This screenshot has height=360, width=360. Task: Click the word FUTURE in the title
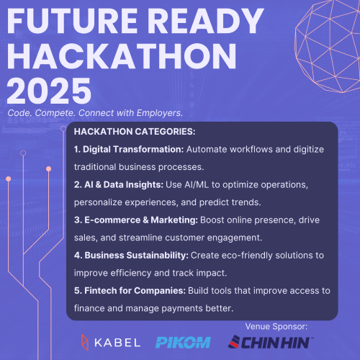tap(72, 21)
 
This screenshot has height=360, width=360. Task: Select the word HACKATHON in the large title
tap(122, 56)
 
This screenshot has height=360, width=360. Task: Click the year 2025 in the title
tap(49, 91)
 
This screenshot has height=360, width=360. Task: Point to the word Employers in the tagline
tap(160, 113)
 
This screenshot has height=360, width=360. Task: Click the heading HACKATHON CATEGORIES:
tap(135, 132)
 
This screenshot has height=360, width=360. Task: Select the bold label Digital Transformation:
tap(129, 149)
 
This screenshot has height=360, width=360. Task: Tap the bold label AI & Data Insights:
tap(119, 184)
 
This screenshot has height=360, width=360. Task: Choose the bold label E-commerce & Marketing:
tap(136, 220)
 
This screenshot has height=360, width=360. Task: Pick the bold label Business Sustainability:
tap(131, 255)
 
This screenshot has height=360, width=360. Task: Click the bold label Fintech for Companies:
tap(130, 291)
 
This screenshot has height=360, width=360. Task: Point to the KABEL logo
tap(111, 343)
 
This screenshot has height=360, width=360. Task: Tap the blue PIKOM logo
tap(183, 343)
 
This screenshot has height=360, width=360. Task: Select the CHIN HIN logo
tap(271, 342)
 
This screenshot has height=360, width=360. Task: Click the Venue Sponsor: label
tap(276, 327)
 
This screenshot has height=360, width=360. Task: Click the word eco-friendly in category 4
tap(247, 256)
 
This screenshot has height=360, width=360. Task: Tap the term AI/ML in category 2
tap(197, 185)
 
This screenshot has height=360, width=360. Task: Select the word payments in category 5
tap(182, 309)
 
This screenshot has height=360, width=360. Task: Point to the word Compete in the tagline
tap(55, 113)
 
